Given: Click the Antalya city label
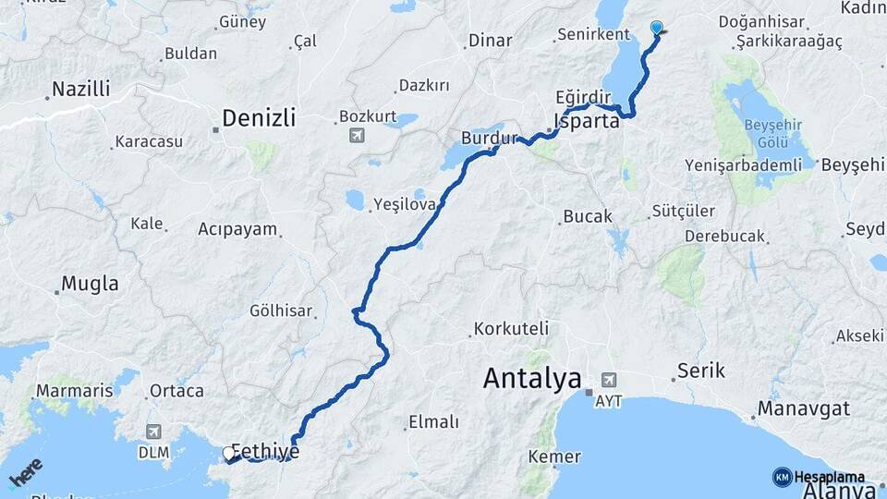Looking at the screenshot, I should pos(532,378).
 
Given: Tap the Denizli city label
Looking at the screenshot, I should pos(259,117).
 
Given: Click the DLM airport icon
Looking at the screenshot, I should pos(153,432).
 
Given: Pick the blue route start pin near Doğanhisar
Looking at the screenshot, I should pos(657,29).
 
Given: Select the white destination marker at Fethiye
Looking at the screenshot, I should pos(229,454).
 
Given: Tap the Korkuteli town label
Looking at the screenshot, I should pos(511,328).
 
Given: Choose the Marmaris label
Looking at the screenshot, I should pos(74,391).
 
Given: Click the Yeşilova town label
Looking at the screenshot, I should pos(404,204).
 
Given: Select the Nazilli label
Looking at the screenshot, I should pos(80,90).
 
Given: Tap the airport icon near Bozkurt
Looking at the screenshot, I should pos(357,136).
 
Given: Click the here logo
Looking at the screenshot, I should pos(25,472).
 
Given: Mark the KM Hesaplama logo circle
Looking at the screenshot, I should pos(782,477).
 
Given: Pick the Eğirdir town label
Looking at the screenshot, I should pos(584,96).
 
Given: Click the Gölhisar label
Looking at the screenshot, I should pos(281,311).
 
